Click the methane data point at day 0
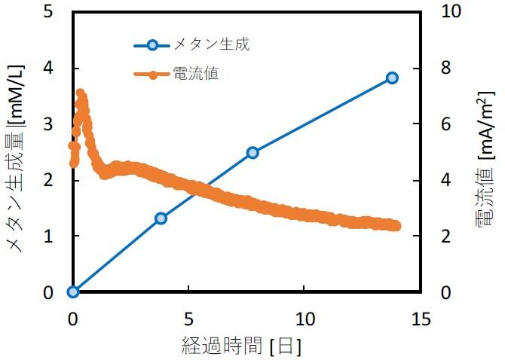(73, 291)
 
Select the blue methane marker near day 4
(161, 218)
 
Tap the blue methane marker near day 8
(252, 152)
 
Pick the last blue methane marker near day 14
(392, 78)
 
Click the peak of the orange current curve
(80, 93)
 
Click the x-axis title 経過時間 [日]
(242, 346)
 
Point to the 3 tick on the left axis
(49, 124)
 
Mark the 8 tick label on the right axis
(444, 68)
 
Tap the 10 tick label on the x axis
(305, 319)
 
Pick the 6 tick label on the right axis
(444, 124)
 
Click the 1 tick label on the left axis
(49, 236)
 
